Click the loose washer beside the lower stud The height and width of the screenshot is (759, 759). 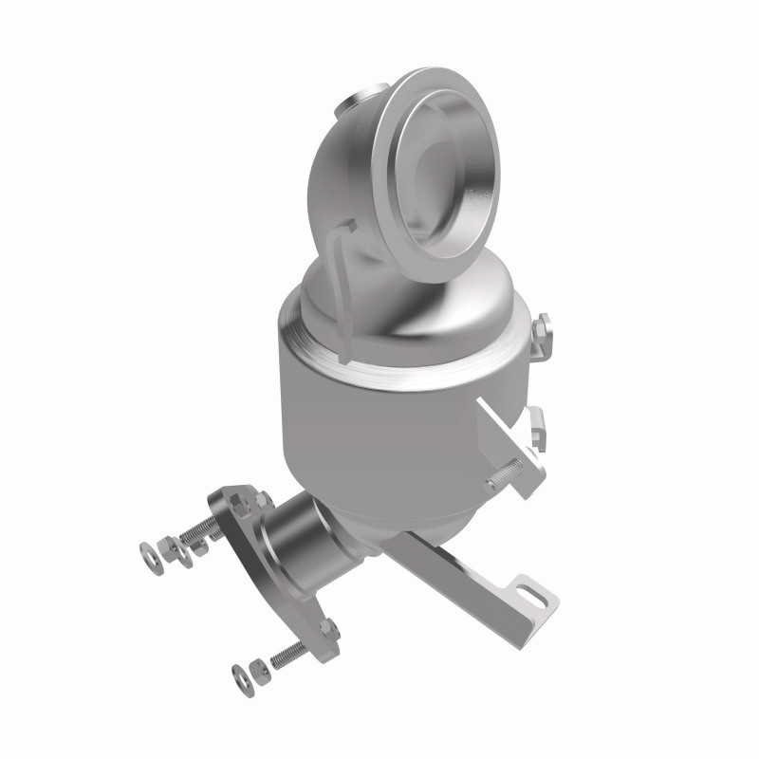(x=240, y=676)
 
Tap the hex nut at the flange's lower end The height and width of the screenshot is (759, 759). (x=328, y=629)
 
